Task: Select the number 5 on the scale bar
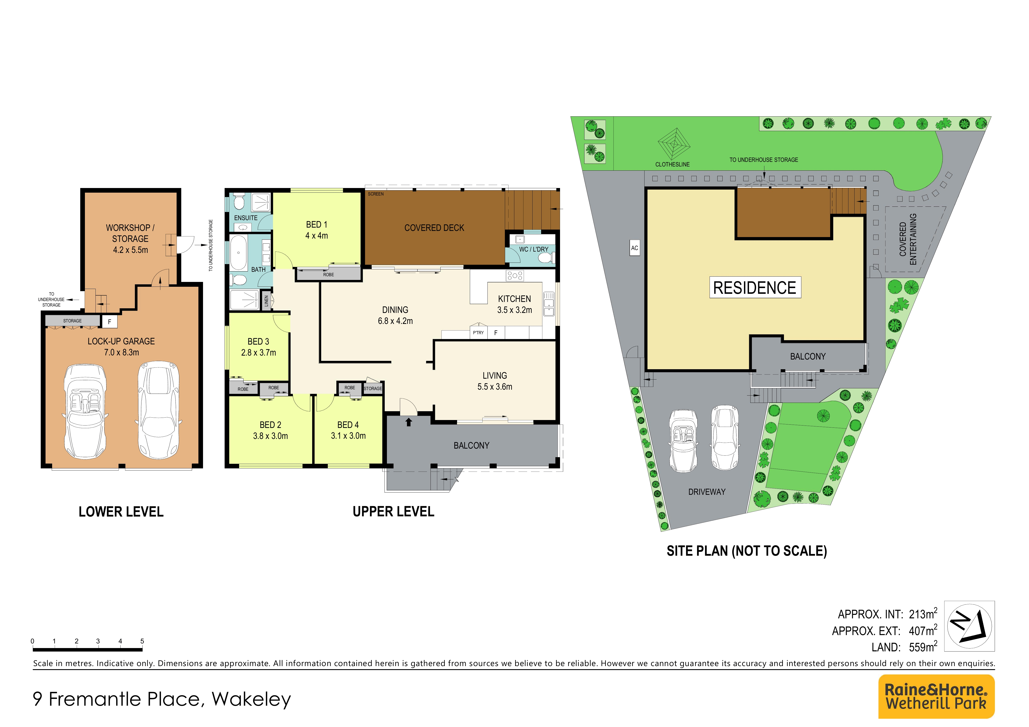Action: coord(142,641)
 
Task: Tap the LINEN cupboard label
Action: coord(266,301)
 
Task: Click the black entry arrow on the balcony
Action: coord(408,422)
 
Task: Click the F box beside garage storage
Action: coord(109,322)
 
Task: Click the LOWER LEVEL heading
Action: coord(121,511)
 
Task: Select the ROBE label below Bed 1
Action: coord(328,275)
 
